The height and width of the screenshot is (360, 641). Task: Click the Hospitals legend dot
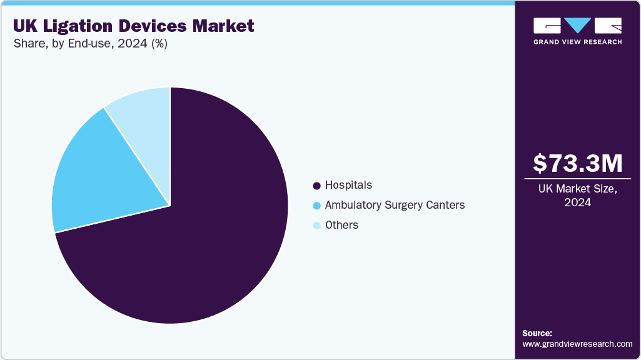pos(316,186)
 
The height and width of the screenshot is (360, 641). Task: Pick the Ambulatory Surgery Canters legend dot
pos(316,206)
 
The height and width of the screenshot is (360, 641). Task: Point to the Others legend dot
pos(316,226)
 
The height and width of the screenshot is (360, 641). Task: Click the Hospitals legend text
pos(348,186)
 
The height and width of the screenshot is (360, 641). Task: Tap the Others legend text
pos(341,225)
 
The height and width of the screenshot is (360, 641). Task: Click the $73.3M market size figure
pos(577,163)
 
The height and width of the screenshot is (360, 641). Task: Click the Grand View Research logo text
pos(577,42)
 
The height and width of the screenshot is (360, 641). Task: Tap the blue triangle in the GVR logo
pos(577,26)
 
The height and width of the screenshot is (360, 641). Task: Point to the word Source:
pos(537,333)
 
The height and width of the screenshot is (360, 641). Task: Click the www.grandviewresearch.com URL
pos(577,344)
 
